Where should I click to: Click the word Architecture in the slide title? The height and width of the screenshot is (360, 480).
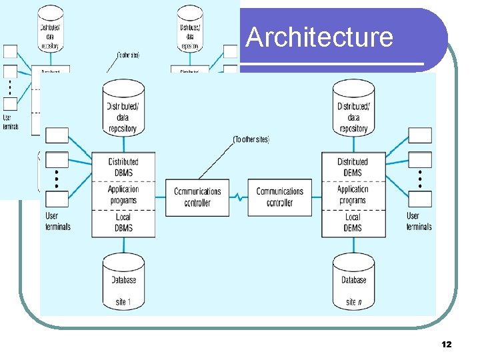[319, 37]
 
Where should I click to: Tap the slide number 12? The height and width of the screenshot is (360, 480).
[446, 344]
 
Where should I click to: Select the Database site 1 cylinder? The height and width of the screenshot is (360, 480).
[123, 281]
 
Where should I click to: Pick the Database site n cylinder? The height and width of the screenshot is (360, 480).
[353, 281]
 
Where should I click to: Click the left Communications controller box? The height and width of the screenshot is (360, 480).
[197, 197]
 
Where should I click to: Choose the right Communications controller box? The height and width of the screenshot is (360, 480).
[279, 197]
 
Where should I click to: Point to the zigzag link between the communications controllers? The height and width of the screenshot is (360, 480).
[239, 197]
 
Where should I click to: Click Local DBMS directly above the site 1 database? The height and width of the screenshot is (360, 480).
[123, 223]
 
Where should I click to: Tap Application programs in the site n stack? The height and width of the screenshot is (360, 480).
[353, 195]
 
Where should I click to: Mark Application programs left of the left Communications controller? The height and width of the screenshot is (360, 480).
[123, 195]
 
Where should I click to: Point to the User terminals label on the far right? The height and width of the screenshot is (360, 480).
[419, 221]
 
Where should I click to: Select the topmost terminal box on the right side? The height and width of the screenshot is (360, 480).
[420, 135]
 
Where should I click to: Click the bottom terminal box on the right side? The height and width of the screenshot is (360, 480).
[420, 199]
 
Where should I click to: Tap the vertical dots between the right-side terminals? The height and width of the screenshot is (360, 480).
[420, 179]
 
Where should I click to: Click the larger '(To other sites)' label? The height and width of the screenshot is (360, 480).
[251, 139]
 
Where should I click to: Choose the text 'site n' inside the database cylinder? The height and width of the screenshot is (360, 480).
[354, 302]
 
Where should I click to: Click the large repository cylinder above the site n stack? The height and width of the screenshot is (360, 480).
[353, 108]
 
